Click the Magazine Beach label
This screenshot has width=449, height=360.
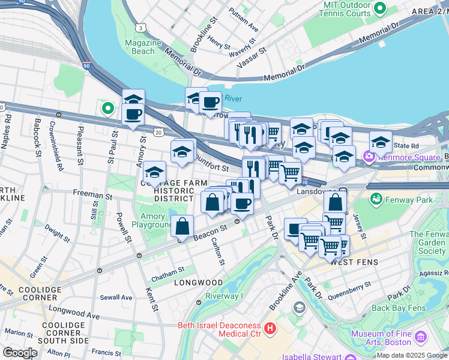click(143, 47)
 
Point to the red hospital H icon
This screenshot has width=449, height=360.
click(270, 328)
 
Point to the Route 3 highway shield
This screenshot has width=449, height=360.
click(140, 27)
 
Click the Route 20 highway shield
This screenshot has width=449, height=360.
click(157, 131)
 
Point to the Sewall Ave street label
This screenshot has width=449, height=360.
click(116, 297)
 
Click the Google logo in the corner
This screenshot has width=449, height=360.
click(19, 352)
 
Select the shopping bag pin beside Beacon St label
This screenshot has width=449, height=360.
click(182, 227)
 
